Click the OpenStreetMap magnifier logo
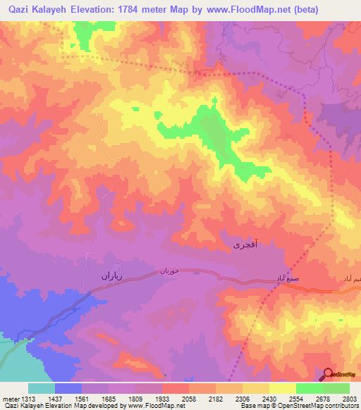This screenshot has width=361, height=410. click(328, 374)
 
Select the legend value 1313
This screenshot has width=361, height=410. click(29, 398)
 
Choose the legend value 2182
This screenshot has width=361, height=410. click(216, 398)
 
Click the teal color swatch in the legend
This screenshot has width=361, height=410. click(42, 387)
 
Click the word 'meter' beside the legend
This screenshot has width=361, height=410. click(10, 398)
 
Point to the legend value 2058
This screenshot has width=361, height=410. click(189, 398)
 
